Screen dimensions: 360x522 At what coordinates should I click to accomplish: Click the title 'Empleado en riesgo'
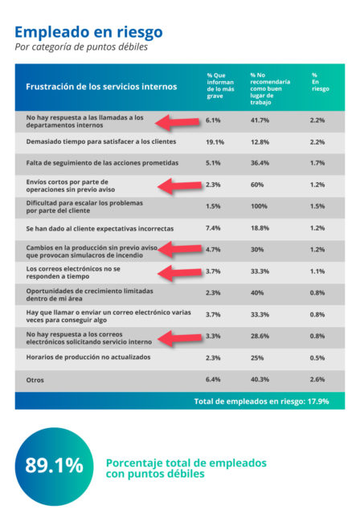click(88, 33)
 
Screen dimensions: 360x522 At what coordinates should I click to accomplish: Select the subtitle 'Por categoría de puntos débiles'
click(81, 47)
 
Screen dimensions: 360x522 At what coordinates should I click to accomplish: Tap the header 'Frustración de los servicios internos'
click(101, 87)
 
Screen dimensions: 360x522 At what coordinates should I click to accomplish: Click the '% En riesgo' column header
click(321, 82)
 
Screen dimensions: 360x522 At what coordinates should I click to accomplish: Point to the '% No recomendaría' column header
click(270, 88)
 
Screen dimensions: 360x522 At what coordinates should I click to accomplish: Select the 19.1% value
click(215, 142)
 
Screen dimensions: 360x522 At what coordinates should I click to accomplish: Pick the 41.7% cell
click(260, 120)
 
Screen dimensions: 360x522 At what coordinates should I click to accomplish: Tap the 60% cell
click(257, 185)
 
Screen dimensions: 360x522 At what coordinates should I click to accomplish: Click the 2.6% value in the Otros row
click(317, 379)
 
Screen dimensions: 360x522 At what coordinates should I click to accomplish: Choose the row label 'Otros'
click(35, 380)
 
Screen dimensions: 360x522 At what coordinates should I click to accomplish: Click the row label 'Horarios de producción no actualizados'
click(88, 357)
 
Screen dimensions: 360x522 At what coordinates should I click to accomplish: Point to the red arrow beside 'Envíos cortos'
click(180, 186)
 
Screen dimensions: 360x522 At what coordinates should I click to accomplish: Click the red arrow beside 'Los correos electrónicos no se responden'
click(180, 273)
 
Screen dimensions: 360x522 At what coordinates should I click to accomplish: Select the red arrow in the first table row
click(177, 123)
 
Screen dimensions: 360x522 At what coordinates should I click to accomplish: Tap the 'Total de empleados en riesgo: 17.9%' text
click(261, 402)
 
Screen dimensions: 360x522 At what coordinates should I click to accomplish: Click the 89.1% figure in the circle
click(55, 465)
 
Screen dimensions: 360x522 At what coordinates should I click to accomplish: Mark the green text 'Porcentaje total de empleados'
click(186, 463)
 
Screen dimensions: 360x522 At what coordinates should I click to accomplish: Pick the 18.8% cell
click(260, 228)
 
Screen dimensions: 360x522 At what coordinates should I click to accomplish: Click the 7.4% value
click(213, 228)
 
